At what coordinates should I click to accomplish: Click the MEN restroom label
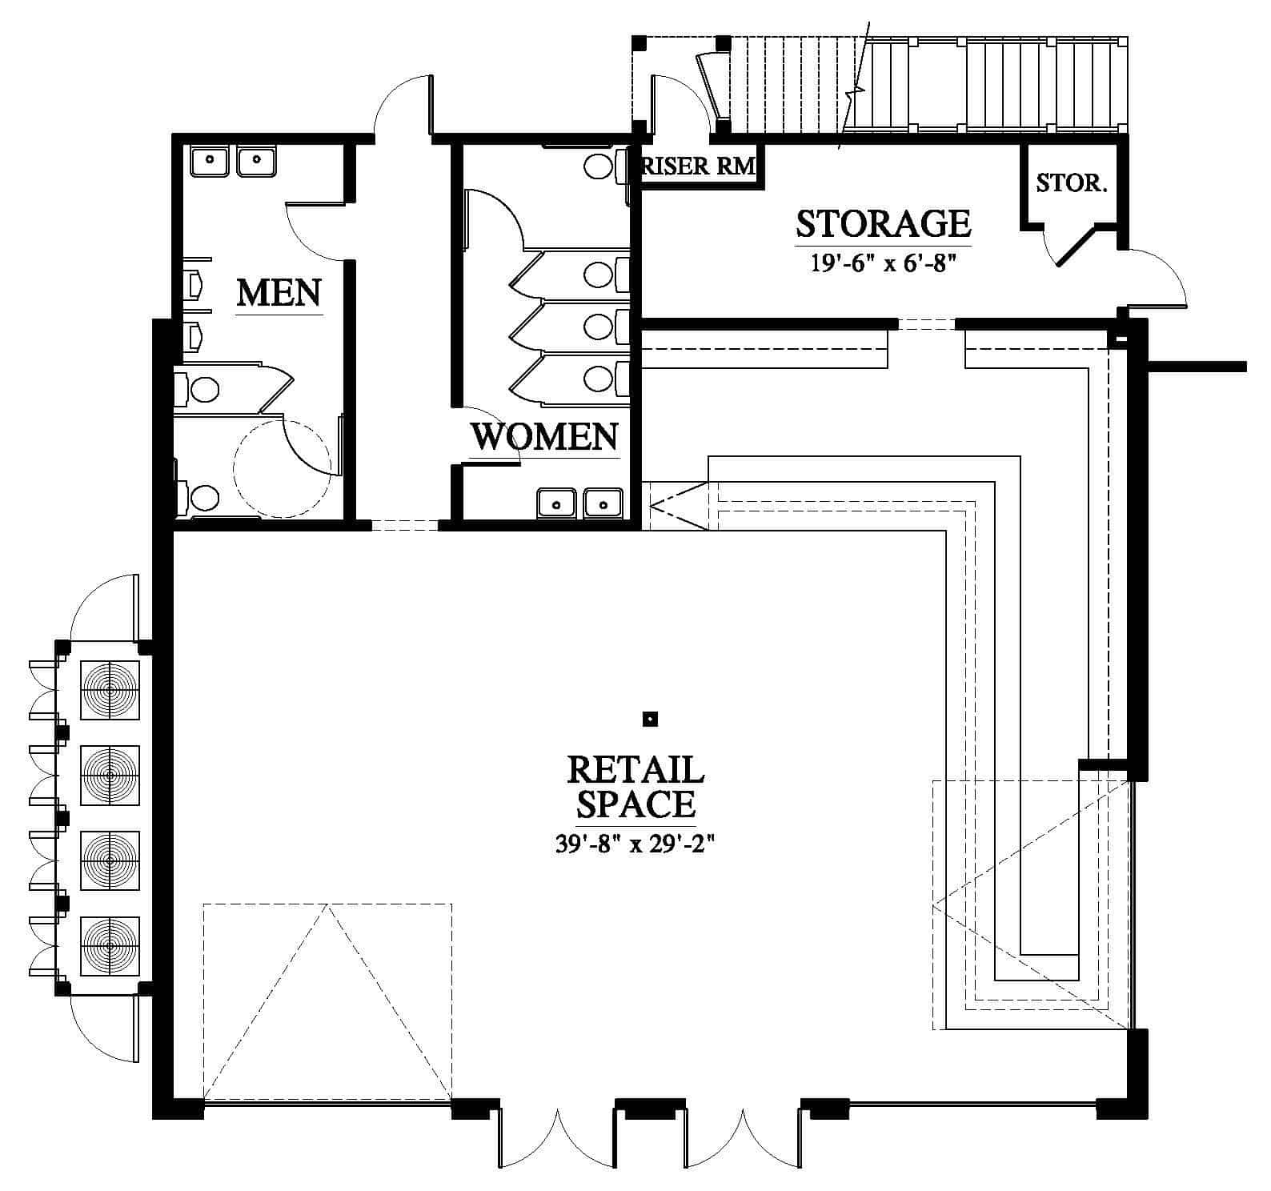click(279, 293)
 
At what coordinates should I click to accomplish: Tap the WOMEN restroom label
click(544, 436)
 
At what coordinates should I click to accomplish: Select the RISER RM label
click(699, 166)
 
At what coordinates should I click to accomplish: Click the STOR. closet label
click(1072, 183)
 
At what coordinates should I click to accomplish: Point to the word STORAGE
click(884, 224)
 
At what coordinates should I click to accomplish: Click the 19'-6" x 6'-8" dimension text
click(884, 263)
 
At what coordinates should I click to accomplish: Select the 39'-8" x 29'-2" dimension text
click(634, 844)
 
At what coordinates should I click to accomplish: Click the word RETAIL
click(635, 770)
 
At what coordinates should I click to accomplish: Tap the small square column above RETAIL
click(651, 719)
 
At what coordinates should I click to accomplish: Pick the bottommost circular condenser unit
click(110, 945)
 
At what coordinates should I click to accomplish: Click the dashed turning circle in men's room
click(282, 468)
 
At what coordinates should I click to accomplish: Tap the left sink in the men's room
click(210, 161)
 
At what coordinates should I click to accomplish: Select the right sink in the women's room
click(603, 503)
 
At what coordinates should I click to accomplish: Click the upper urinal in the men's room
click(192, 283)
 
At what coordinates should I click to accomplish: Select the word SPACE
click(635, 804)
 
